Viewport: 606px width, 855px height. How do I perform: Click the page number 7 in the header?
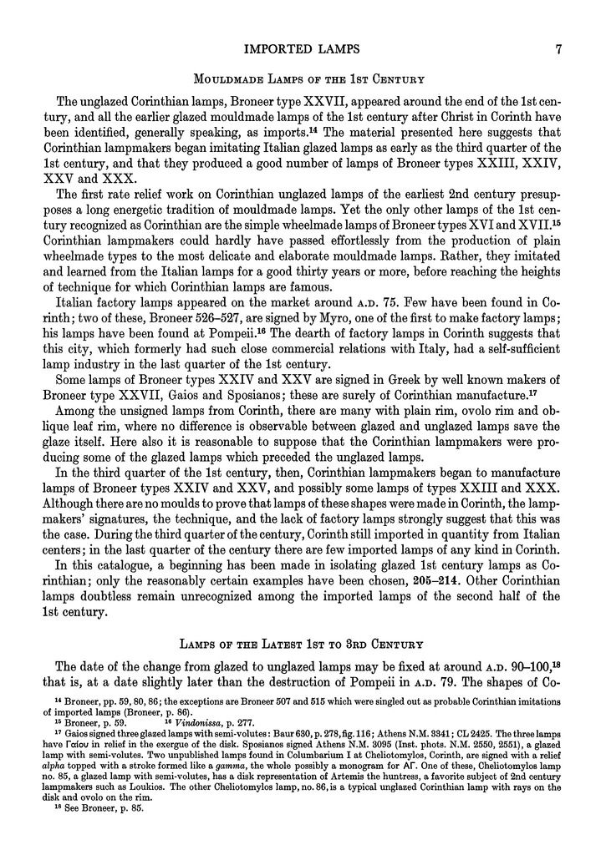(557, 48)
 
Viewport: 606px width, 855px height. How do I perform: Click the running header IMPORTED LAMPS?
(302, 48)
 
